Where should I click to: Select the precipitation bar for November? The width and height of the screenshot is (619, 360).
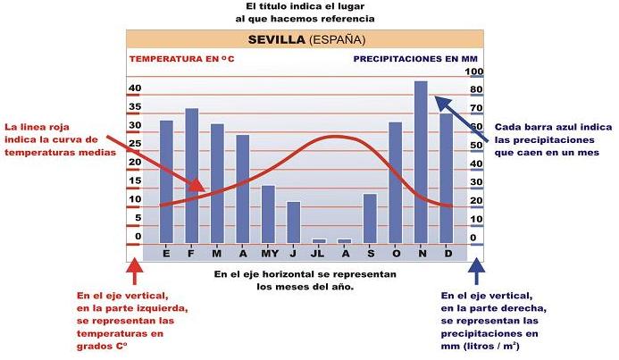pos(421,161)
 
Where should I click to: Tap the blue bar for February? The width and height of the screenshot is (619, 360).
pos(191,175)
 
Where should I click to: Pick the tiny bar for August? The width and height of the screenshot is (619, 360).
pos(344,240)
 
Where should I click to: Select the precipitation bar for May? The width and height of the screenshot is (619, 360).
pos(268,213)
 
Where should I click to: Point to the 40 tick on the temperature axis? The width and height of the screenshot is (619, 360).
pos(135,88)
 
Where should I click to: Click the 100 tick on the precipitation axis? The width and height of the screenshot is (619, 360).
pos(476,72)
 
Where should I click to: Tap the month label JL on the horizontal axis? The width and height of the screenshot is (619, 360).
pos(318,252)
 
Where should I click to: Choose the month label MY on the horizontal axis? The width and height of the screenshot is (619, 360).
pos(268,252)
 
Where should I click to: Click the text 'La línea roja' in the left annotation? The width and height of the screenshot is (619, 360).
pos(40,128)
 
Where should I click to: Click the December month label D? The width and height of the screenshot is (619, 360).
pos(447,252)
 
